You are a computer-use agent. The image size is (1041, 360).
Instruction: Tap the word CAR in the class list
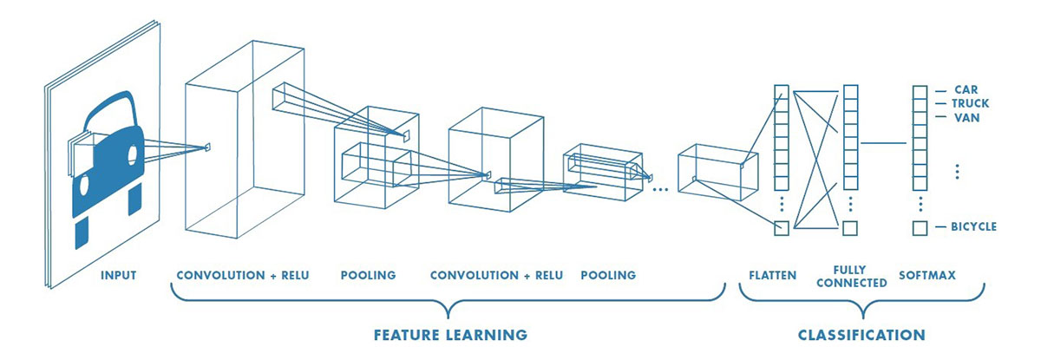tap(966, 89)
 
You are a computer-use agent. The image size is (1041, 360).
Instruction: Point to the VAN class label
tap(966, 117)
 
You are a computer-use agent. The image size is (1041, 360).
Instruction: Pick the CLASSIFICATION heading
tap(861, 334)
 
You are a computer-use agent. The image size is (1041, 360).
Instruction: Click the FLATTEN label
tap(772, 276)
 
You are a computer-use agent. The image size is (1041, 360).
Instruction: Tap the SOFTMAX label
tap(927, 276)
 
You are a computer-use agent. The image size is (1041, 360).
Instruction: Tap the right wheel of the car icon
tap(134, 200)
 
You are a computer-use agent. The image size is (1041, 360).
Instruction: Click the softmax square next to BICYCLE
tap(920, 228)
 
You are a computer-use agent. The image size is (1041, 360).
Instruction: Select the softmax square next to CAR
tap(920, 91)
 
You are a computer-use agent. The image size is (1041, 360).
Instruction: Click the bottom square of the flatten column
tap(782, 228)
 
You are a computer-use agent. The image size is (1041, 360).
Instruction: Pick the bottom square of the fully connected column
tap(850, 228)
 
